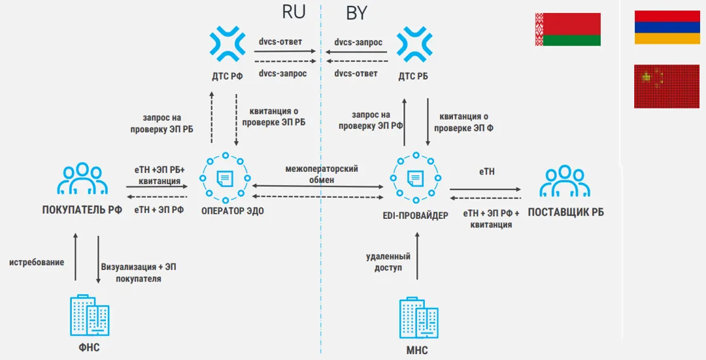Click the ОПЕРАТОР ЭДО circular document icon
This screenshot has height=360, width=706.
pyautogui.click(x=224, y=178)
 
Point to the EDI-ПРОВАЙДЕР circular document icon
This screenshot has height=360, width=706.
pyautogui.click(x=414, y=178)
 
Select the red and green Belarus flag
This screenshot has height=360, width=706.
pyautogui.click(x=567, y=29)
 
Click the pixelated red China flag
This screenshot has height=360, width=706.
pyautogui.click(x=667, y=86)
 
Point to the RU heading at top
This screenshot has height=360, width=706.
pyautogui.click(x=293, y=12)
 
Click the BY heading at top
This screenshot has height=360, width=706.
pyautogui.click(x=356, y=12)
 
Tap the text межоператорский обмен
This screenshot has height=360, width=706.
pyautogui.click(x=322, y=174)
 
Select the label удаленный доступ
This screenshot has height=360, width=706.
pyautogui.click(x=388, y=263)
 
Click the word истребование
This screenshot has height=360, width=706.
pyautogui.click(x=37, y=262)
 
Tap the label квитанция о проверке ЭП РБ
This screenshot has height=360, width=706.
pyautogui.click(x=273, y=116)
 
